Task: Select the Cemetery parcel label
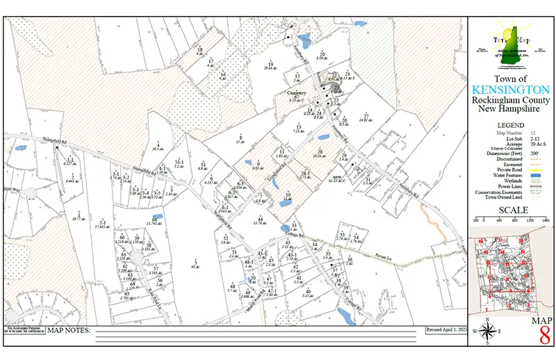pyautogui.click(x=297, y=92)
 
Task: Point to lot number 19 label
pyautogui.click(x=271, y=64)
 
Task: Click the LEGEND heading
pyautogui.click(x=511, y=125)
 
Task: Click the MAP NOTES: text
pyautogui.click(x=69, y=330)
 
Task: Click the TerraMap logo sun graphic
pyautogui.click(x=502, y=33)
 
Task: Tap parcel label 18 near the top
pyautogui.click(x=199, y=51)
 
